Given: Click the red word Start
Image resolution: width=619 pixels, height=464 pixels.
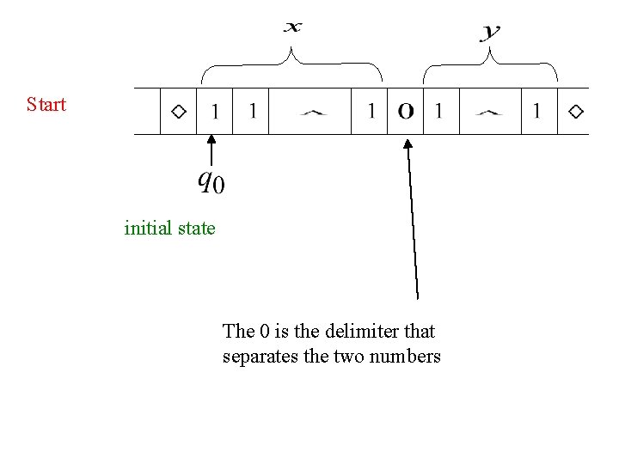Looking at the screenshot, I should (x=46, y=105).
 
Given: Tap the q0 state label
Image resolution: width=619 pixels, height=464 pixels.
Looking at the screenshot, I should (x=211, y=181).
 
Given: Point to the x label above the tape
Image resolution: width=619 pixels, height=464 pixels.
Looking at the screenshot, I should (x=293, y=27).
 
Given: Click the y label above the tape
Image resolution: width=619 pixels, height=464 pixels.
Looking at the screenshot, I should (x=490, y=33).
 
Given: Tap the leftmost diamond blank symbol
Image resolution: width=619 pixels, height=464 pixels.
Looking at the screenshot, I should (x=179, y=112).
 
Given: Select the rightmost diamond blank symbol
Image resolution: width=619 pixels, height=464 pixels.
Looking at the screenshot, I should (x=575, y=112).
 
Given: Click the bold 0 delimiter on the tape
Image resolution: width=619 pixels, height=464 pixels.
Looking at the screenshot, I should (x=406, y=112).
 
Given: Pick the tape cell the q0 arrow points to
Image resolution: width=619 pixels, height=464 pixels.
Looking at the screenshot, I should (x=214, y=112).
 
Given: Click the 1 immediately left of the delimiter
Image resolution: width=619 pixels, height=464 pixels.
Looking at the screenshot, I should (x=371, y=112).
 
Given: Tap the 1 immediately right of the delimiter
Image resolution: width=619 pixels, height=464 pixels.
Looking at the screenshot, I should (x=438, y=112).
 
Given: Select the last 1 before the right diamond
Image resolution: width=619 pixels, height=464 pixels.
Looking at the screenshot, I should (x=537, y=112).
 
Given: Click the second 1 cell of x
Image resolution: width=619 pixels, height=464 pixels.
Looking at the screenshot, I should (x=252, y=112).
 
